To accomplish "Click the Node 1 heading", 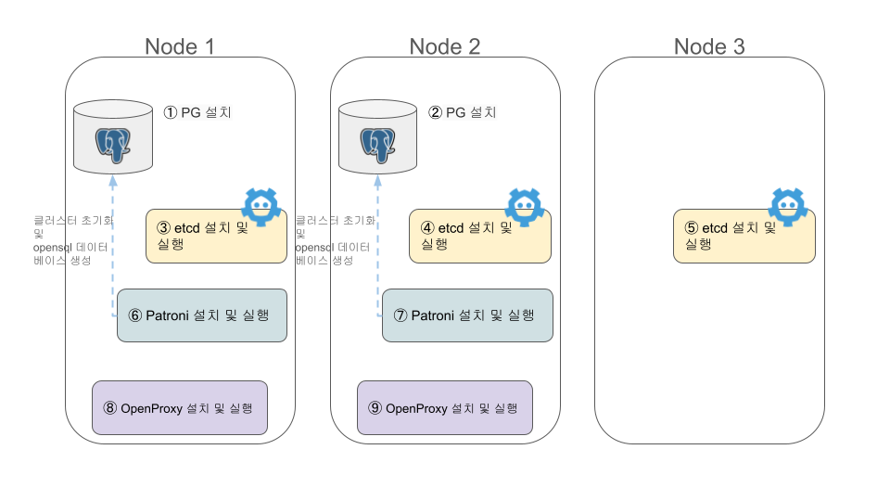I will click(180, 46).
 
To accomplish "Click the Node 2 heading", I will click(445, 46).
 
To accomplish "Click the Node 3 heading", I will click(709, 46).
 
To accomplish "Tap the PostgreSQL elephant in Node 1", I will click(113, 142).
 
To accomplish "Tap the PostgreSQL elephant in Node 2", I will click(378, 142).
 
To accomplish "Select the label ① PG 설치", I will click(197, 113).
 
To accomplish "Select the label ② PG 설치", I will click(463, 113).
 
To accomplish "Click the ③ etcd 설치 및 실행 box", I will click(215, 237).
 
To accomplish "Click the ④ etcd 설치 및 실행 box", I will click(480, 237).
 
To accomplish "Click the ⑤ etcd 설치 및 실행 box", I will click(744, 237).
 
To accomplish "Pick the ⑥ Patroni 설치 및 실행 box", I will click(202, 315).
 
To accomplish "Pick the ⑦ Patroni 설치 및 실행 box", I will click(467, 315).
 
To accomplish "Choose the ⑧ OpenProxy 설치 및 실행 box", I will click(180, 407).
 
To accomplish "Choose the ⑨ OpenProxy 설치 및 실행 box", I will click(445, 407).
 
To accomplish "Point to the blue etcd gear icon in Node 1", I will click(261, 207).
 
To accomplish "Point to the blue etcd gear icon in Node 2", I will click(524, 207).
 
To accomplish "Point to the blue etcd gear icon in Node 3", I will click(789, 207).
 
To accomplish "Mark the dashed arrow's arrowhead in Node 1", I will click(113, 181).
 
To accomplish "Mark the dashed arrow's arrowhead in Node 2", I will click(378, 181).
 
